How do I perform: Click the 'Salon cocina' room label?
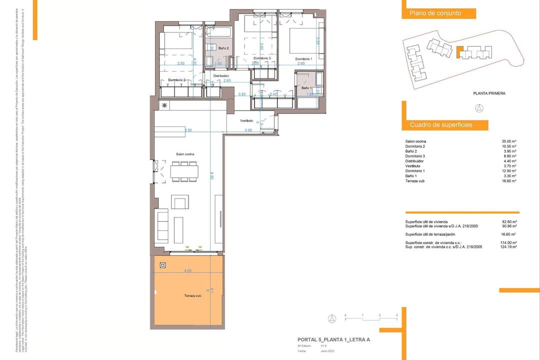point(185,154)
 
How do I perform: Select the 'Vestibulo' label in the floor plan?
point(246,121)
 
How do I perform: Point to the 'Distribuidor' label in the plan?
point(221,76)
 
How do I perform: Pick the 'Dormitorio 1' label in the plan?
point(303,58)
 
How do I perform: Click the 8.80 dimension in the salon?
point(211,176)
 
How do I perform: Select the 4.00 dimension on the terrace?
point(187,271)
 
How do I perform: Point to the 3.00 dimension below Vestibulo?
point(248,130)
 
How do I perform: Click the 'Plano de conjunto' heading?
point(435,13)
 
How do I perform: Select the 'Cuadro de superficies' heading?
point(441,124)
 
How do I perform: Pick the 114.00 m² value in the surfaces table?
point(509,242)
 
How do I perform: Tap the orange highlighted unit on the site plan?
point(460,51)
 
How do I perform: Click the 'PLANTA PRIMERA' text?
point(489,93)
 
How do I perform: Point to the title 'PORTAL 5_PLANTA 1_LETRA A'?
point(333,339)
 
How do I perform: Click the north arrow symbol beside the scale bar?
point(331,317)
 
